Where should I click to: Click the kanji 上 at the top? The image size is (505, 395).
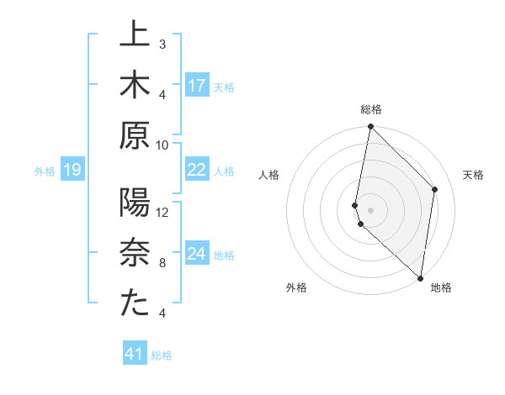[135, 36]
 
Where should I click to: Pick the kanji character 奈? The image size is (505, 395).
[135, 252]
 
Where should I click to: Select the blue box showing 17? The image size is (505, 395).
[197, 85]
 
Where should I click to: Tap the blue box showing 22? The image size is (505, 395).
[197, 170]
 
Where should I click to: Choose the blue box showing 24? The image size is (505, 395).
[197, 253]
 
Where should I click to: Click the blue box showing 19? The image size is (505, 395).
[72, 171]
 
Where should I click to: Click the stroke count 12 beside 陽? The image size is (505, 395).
[163, 211]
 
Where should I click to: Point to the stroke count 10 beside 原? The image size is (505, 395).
[163, 144]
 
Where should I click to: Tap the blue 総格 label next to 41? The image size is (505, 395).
[162, 355]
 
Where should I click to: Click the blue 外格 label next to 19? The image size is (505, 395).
[45, 171]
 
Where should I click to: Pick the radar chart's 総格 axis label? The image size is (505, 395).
[371, 109]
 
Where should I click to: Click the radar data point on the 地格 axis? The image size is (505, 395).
[421, 277]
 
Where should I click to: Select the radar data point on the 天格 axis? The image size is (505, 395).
[435, 190]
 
